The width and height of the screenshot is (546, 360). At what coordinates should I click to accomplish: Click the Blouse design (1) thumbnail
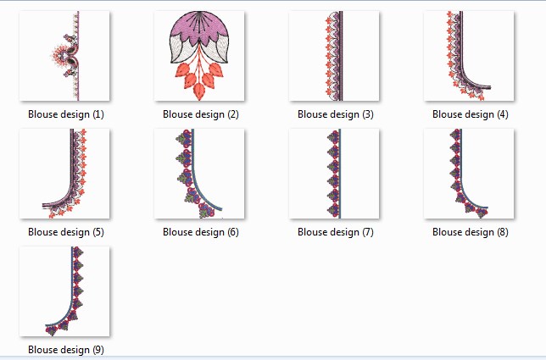pos(65,57)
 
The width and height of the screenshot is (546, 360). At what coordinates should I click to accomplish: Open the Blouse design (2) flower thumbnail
pos(200,57)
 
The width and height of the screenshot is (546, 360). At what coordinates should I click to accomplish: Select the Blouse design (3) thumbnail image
pos(335,57)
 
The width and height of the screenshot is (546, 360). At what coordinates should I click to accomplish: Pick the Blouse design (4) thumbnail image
pos(470,57)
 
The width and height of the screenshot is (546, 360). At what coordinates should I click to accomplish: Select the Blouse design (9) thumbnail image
pos(65,291)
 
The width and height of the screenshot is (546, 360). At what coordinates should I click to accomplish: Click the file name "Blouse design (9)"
pos(65,349)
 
